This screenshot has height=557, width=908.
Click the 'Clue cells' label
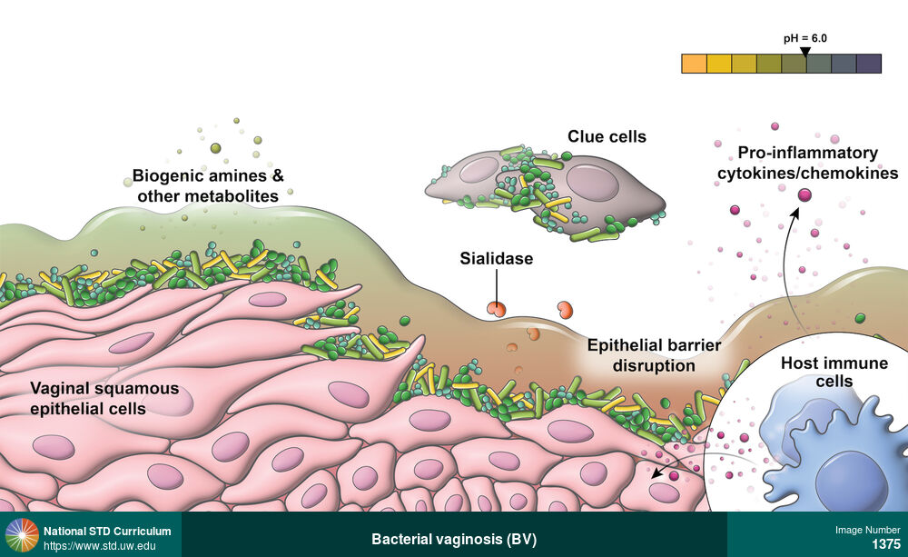click(x=607, y=137)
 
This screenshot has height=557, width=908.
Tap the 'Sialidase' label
click(x=496, y=259)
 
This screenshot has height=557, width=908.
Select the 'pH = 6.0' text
click(x=804, y=38)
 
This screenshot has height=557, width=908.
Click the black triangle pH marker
click(x=804, y=51)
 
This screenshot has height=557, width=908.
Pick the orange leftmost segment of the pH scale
click(x=694, y=64)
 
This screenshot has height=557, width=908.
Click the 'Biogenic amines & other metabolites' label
click(x=208, y=185)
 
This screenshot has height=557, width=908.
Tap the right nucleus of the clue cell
click(x=592, y=182)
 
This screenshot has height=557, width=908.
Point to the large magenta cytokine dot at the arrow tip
click(x=804, y=194)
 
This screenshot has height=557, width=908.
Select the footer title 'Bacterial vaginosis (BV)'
click(x=454, y=539)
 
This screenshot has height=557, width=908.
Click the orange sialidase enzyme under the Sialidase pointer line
click(x=496, y=310)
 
